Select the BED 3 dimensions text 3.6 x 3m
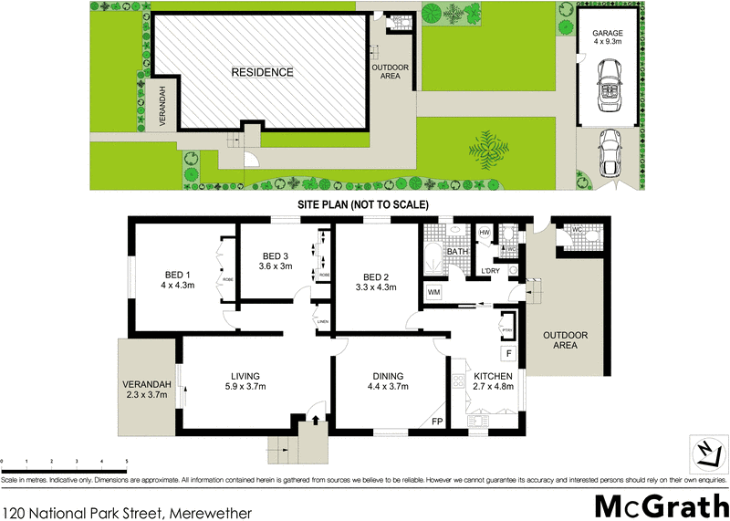coord(276,266)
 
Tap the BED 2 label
coord(377,277)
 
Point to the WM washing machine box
coord(434,293)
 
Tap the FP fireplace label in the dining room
coord(437,422)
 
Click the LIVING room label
coord(245,376)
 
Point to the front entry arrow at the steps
coord(317,421)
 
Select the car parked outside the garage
coord(610,152)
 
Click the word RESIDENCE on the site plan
coord(262,72)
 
